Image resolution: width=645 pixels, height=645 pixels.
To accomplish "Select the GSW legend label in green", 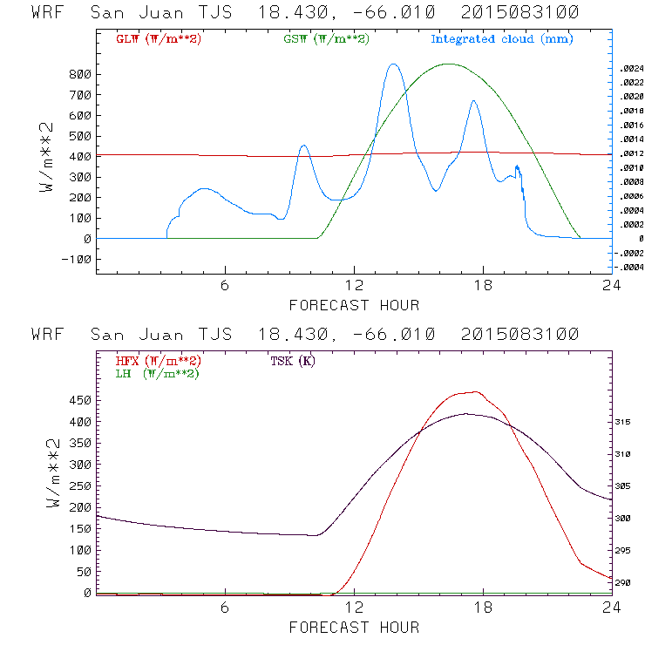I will (x=326, y=39).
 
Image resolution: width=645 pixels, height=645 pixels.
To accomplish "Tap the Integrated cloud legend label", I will (x=502, y=39).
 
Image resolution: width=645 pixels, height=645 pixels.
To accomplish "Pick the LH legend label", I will (x=158, y=373).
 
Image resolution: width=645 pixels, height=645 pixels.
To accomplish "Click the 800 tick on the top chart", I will (x=79, y=75).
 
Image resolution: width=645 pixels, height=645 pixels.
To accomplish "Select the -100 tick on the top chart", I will (x=76, y=259).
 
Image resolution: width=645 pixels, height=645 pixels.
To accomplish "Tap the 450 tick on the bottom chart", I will (x=79, y=400).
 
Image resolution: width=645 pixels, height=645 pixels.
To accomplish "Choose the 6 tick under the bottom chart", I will (x=225, y=608).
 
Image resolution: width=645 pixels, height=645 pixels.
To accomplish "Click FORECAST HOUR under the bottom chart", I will (x=354, y=627).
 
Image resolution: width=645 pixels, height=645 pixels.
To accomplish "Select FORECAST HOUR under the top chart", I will (x=354, y=305).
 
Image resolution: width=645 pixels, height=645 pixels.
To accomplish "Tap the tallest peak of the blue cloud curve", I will (x=394, y=64).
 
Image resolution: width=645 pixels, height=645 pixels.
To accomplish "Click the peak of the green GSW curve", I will (x=449, y=64).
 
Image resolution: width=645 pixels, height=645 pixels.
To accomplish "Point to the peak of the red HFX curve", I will (x=474, y=392).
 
